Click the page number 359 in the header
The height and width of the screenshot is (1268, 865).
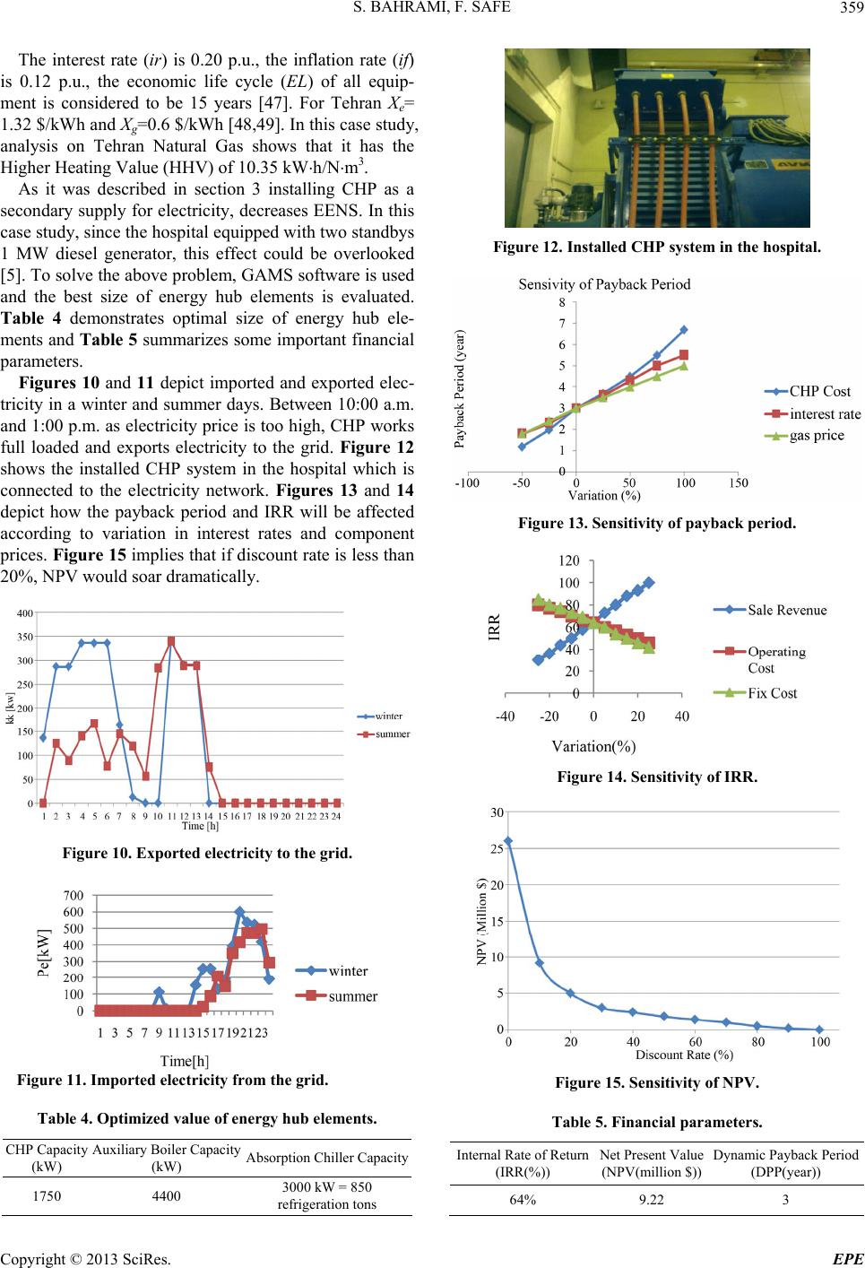(x=852, y=7)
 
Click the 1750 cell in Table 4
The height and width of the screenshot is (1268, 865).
(x=47, y=1195)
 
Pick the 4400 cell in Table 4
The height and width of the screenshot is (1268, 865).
(x=167, y=1195)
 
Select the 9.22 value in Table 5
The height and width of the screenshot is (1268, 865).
(x=651, y=1199)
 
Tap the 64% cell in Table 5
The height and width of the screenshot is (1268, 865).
(x=523, y=1199)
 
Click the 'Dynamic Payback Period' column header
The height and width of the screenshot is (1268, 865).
(x=785, y=1154)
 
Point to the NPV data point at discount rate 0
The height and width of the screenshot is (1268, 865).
(x=508, y=841)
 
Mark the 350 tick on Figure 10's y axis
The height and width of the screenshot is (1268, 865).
(x=25, y=637)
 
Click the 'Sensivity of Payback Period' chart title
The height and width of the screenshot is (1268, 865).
(x=604, y=284)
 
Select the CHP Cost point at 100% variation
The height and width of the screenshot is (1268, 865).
(x=683, y=329)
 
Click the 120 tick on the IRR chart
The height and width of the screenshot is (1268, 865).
(x=569, y=560)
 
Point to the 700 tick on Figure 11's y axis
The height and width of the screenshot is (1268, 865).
(x=74, y=895)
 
